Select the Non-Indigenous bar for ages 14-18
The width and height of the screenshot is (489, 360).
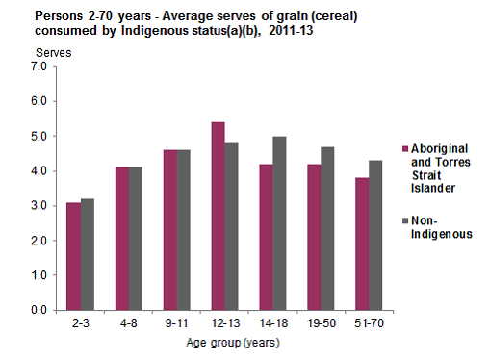(x=279, y=222)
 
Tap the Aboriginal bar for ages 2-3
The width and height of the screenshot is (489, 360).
(x=73, y=256)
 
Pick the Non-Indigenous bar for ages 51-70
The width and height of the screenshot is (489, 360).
(x=376, y=235)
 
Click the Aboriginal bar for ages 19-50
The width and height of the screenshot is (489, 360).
(x=314, y=237)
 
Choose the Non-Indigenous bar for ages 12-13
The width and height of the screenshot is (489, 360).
(x=231, y=226)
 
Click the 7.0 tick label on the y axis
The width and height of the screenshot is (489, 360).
(x=39, y=66)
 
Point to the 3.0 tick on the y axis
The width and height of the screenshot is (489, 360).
(x=39, y=206)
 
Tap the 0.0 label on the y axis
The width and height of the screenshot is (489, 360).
(x=39, y=310)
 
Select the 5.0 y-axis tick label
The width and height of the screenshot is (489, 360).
(x=39, y=136)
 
